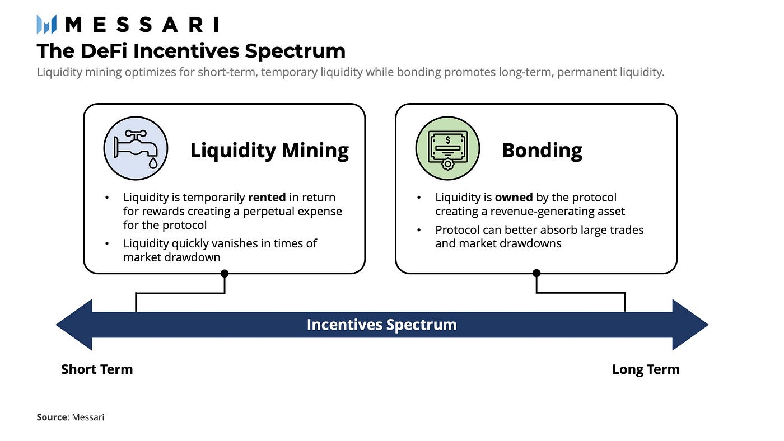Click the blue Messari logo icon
[x=46, y=25]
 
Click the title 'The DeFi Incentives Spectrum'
[x=191, y=51]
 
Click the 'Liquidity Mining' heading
[x=269, y=151]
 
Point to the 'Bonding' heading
[x=542, y=151]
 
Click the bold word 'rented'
[x=267, y=198]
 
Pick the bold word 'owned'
[x=514, y=198]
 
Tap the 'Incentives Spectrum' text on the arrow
[x=382, y=325]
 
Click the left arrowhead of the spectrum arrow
[x=74, y=325]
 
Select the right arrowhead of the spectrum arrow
[x=690, y=325]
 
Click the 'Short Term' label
[x=97, y=369]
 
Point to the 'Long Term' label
[x=646, y=369]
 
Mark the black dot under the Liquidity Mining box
[x=225, y=274]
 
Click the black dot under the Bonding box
[x=536, y=273]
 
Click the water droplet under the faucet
[x=153, y=163]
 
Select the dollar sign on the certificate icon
[x=448, y=140]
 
